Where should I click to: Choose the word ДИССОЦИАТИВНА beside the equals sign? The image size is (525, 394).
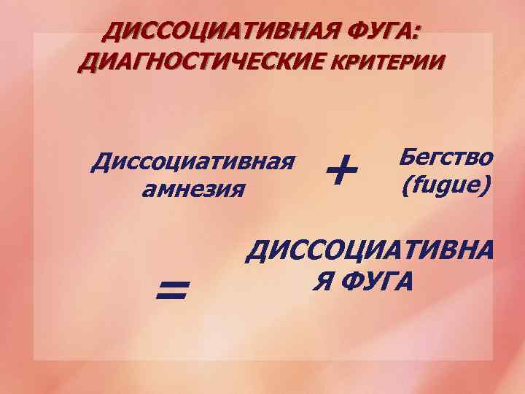pyautogui.click(x=370, y=251)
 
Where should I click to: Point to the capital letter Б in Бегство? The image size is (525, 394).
pyautogui.click(x=408, y=158)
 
